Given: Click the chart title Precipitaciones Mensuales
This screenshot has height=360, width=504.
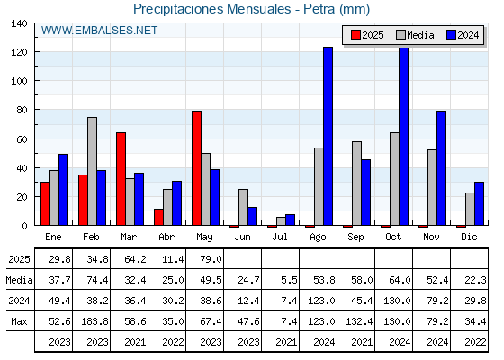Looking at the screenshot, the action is click(211, 9).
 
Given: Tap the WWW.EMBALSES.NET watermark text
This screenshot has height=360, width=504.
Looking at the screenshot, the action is click(99, 31).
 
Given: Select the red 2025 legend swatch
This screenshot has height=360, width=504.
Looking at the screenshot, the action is click(355, 35).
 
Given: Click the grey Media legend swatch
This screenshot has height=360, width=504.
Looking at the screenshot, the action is click(400, 35).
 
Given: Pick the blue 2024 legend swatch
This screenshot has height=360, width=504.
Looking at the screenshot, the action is click(451, 35).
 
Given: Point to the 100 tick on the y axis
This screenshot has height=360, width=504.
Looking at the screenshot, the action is click(19, 81).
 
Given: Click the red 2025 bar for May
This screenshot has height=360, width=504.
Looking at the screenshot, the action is click(197, 168).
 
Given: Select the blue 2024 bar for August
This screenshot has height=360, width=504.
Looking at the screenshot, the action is click(328, 136).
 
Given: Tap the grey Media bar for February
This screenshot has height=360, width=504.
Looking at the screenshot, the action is click(92, 171).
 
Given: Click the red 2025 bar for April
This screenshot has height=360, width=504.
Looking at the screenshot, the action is click(158, 217).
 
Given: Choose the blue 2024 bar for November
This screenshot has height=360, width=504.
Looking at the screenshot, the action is click(441, 168).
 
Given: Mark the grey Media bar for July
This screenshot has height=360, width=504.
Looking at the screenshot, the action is click(281, 221).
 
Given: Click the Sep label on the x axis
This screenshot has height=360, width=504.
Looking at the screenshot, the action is click(355, 238).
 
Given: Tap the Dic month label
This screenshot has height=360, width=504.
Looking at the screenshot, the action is click(469, 237).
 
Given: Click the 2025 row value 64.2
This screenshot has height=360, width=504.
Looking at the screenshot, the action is click(135, 259).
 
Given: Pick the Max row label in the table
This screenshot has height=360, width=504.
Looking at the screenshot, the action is click(19, 321).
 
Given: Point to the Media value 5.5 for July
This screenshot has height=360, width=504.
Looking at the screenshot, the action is click(289, 280).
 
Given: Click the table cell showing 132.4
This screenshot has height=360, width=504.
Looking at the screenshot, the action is click(360, 321).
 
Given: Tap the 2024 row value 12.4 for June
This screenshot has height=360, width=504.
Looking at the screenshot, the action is click(248, 301).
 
